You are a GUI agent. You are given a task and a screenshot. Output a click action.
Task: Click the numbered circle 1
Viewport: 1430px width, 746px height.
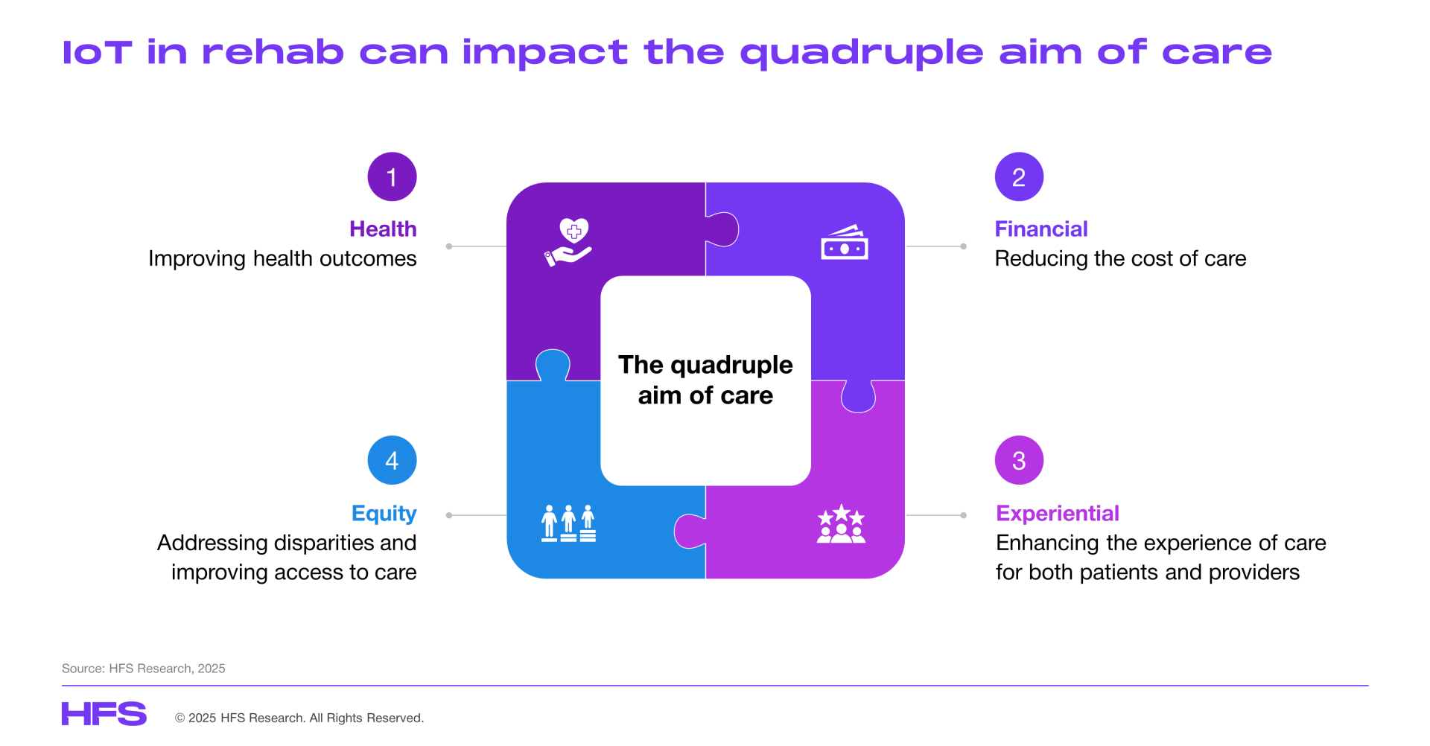click(392, 176)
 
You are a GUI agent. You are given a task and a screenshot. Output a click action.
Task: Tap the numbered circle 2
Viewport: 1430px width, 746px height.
click(1019, 176)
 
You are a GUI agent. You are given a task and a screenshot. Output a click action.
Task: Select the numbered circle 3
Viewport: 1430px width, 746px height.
click(1019, 460)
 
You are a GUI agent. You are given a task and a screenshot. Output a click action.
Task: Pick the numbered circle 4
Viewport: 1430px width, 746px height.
click(392, 460)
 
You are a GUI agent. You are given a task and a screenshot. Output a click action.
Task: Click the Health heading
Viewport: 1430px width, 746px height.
click(383, 229)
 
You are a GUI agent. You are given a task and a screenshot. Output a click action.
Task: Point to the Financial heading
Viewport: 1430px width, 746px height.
click(1041, 229)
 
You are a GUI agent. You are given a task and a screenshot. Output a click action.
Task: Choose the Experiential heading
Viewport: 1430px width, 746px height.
click(1058, 513)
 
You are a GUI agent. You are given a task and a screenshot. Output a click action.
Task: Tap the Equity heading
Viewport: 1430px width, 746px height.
click(384, 514)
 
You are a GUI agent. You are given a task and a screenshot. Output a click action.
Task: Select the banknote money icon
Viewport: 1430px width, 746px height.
click(845, 243)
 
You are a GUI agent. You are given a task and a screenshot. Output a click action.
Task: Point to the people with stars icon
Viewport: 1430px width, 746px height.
click(842, 523)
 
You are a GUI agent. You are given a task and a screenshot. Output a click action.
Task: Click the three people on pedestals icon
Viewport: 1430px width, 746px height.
click(568, 523)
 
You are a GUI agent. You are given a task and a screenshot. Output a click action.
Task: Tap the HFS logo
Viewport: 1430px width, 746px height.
click(104, 713)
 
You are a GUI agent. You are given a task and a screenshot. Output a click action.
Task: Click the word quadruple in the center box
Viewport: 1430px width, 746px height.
click(731, 366)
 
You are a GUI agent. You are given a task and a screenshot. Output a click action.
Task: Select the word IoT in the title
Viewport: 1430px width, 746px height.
click(97, 53)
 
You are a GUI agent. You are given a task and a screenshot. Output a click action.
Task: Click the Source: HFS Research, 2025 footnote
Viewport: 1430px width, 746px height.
click(144, 669)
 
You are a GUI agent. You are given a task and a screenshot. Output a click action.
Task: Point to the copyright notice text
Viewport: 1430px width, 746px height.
click(299, 718)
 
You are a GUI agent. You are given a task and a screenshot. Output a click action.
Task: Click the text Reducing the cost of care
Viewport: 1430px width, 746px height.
click(1120, 258)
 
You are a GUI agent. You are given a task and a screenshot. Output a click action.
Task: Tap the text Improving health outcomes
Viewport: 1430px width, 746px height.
click(282, 258)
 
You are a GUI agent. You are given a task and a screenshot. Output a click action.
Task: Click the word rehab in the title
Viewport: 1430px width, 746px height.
click(273, 52)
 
